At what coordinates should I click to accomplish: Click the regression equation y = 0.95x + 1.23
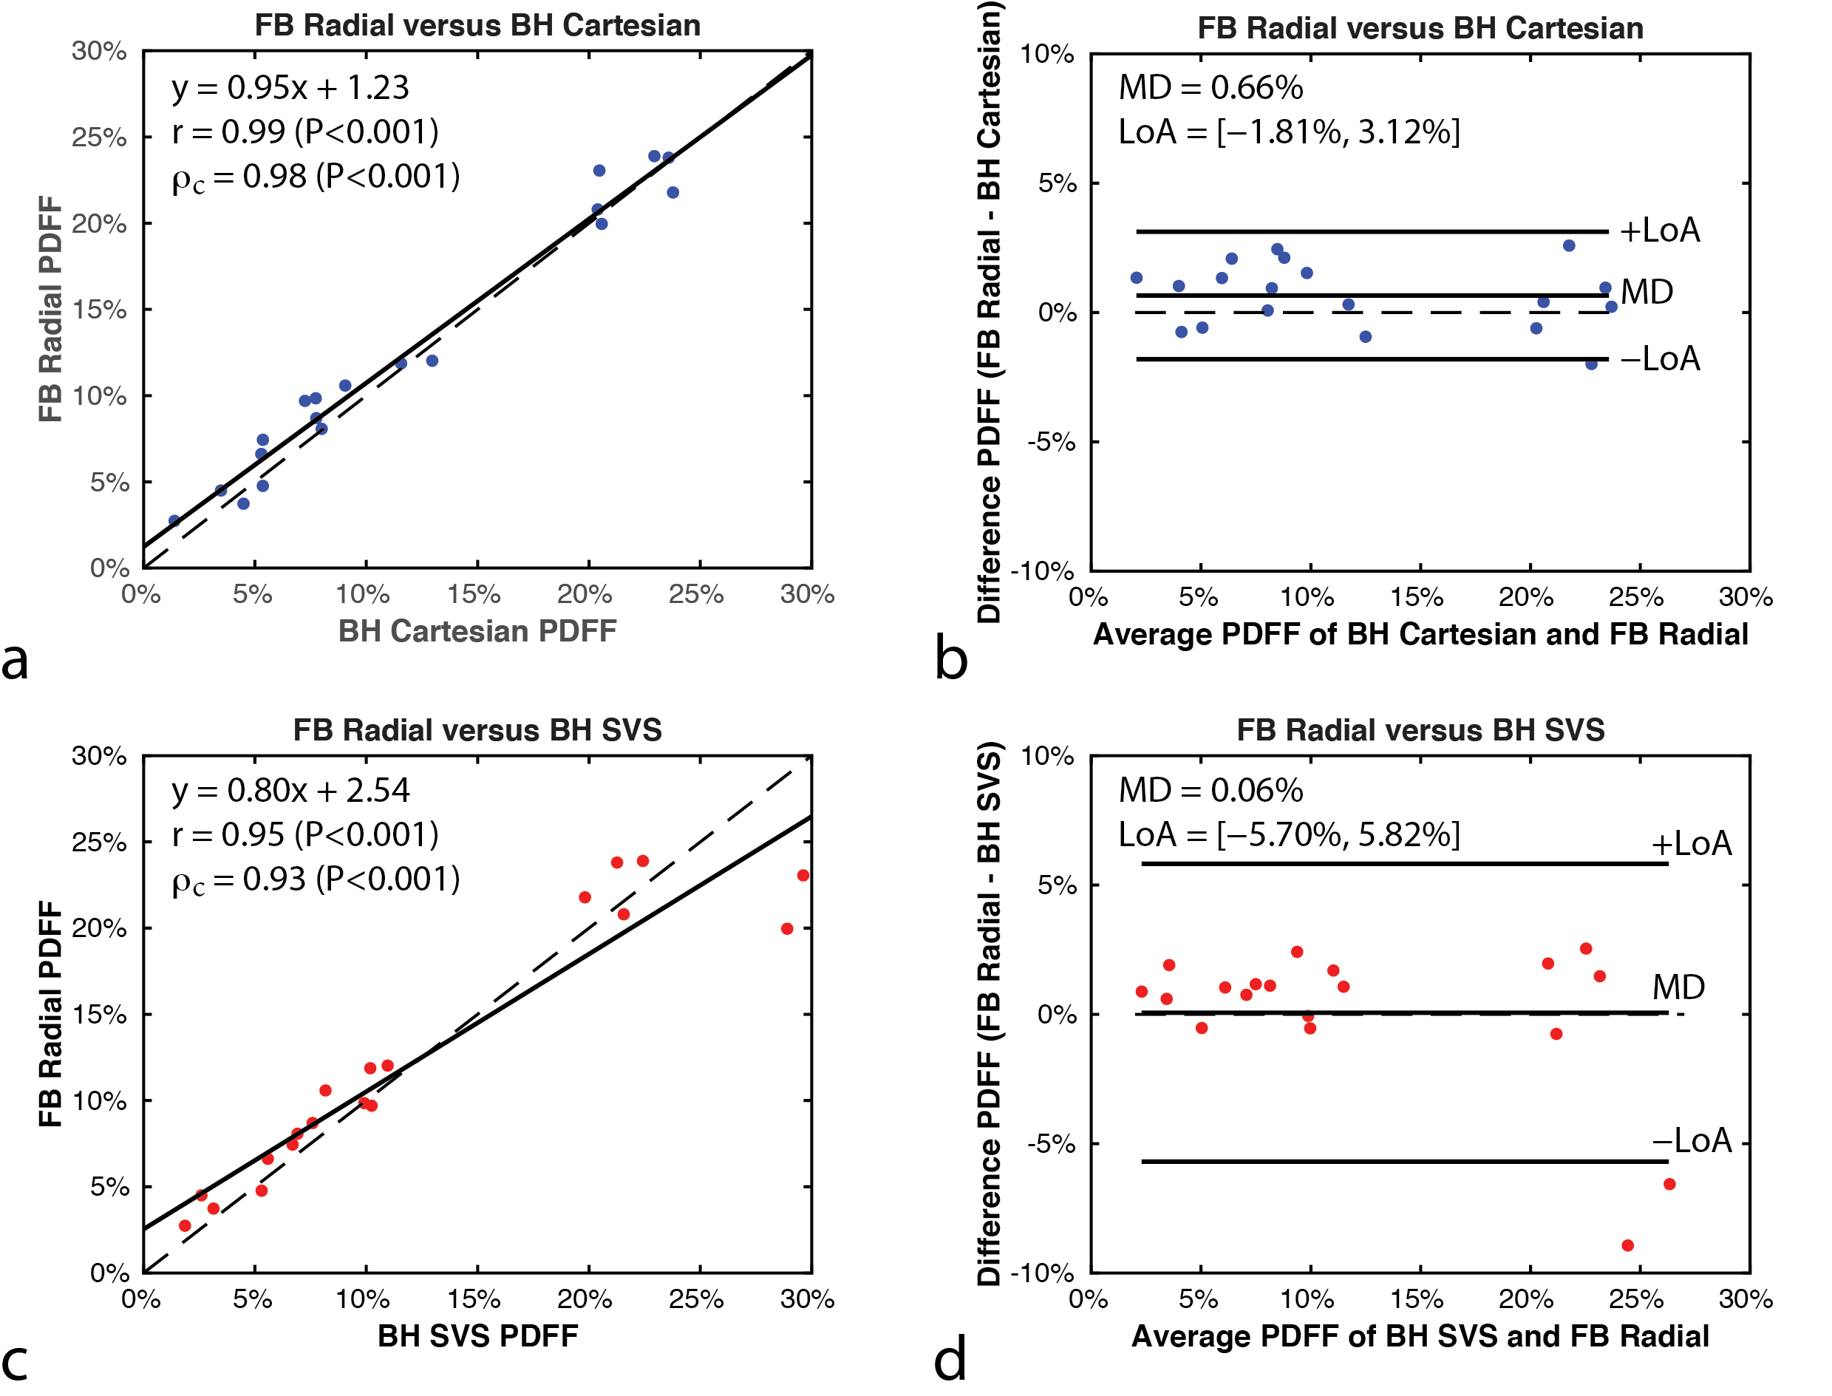[x=290, y=87]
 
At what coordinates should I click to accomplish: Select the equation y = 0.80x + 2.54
[x=290, y=790]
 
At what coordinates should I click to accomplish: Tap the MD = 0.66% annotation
[x=1210, y=87]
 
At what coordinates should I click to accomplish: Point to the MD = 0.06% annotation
[x=1210, y=790]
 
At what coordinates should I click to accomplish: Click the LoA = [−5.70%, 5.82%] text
[x=1289, y=834]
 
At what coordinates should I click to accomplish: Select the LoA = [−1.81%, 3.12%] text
[x=1289, y=132]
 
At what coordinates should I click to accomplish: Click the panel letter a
[x=15, y=660]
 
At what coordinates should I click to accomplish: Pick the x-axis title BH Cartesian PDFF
[x=477, y=632]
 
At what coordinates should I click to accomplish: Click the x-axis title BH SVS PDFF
[x=477, y=1336]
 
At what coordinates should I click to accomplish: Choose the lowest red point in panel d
[x=1627, y=1245]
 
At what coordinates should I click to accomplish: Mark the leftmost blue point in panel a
[x=174, y=521]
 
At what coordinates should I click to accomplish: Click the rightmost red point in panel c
[x=803, y=875]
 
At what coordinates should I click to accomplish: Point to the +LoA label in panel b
[x=1659, y=230]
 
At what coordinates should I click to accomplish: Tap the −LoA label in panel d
[x=1691, y=1141]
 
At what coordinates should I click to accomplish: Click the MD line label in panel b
[x=1647, y=292]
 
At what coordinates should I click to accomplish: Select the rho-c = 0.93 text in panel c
[x=316, y=880]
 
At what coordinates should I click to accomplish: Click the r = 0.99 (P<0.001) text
[x=305, y=132]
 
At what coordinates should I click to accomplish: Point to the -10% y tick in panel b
[x=1042, y=572]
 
